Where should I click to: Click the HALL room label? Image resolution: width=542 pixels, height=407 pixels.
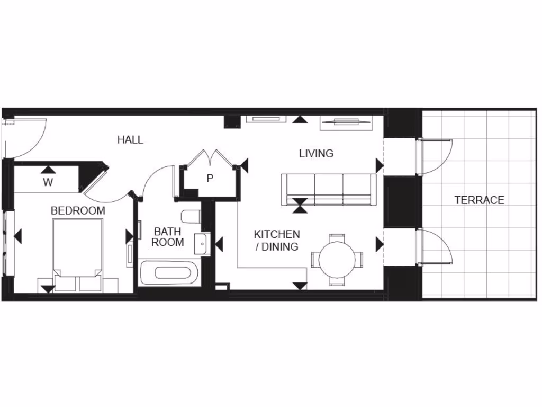[130, 140]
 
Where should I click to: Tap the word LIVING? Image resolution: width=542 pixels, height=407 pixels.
[316, 154]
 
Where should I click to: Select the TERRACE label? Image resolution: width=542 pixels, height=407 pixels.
[479, 200]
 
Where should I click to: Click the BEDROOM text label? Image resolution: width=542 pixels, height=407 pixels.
[78, 211]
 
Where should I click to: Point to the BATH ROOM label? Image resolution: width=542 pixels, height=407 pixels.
[168, 237]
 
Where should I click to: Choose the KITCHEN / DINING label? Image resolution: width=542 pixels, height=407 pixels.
[277, 240]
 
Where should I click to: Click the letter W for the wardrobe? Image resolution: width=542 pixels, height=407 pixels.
[48, 183]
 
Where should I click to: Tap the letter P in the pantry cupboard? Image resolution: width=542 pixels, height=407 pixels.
[210, 179]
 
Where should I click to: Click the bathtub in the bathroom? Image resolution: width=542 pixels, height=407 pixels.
[169, 273]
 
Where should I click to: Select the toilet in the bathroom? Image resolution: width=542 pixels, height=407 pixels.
[190, 216]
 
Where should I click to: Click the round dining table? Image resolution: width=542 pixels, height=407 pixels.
[337, 259]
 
